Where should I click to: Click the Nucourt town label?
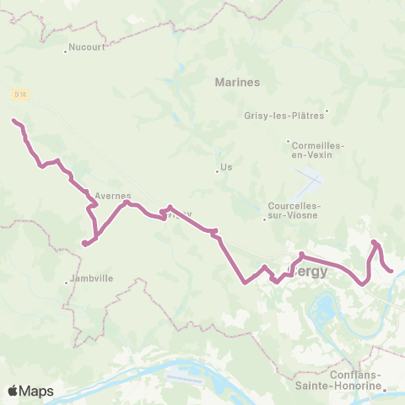pyautogui.click(x=88, y=48)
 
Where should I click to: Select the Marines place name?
pyautogui.click(x=237, y=82)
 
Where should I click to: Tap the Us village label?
pyautogui.click(x=225, y=168)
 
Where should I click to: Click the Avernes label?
pyautogui.click(x=112, y=195)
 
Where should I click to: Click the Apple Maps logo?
pyautogui.click(x=30, y=391)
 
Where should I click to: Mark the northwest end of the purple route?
pyautogui.click(x=13, y=121)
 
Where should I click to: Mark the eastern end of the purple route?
pyautogui.click(x=392, y=271)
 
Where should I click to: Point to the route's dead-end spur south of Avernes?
pyautogui.click(x=84, y=245)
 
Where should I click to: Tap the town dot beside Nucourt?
pyautogui.click(x=66, y=52)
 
